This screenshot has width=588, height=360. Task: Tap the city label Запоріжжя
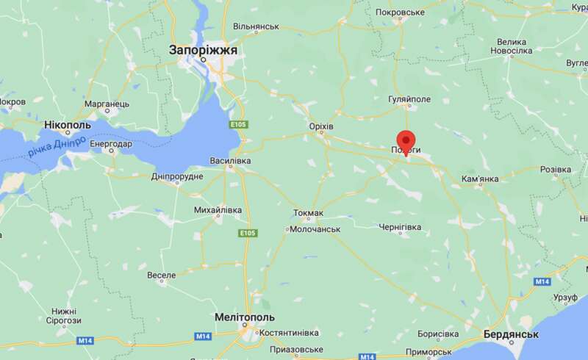point(203,51)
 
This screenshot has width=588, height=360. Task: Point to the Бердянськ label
point(512,334)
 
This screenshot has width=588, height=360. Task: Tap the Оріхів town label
point(320,127)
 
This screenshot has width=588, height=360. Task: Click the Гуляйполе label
point(409,98)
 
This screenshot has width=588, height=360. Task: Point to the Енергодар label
point(111,144)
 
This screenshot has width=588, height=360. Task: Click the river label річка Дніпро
point(57,147)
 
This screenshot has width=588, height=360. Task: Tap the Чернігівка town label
point(400,228)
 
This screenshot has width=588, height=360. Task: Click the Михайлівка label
point(217,211)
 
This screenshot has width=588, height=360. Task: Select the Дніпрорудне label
point(176,176)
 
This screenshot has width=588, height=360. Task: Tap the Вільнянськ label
point(256,26)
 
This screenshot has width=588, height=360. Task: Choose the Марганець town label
point(107,104)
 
